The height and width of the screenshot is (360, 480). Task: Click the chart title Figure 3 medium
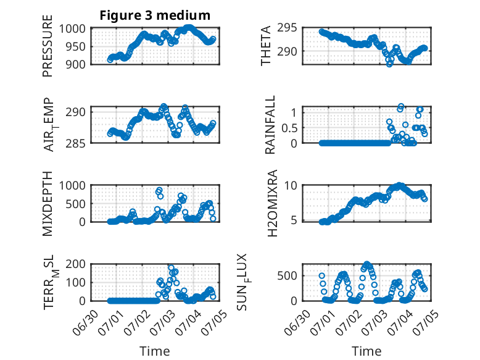point(155,15)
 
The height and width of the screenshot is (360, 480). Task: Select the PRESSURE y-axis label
point(48,46)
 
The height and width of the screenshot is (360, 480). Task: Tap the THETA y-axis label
point(266,46)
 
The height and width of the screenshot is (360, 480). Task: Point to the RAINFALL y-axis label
point(270,125)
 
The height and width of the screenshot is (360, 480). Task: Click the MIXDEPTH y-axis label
point(48,203)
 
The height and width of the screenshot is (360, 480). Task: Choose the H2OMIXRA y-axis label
point(272,203)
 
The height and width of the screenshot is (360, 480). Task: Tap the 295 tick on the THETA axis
point(287,28)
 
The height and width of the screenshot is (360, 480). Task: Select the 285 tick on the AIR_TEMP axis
point(75,143)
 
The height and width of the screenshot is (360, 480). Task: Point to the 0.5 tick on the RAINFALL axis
point(289,128)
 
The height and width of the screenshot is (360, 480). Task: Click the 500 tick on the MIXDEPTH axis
point(75,204)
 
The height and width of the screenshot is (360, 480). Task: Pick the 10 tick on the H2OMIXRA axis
point(291,185)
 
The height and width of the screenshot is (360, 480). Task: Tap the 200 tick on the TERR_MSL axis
point(75,264)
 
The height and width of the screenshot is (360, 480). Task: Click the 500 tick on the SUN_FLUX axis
point(287,276)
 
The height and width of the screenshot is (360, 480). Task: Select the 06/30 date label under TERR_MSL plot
point(86,322)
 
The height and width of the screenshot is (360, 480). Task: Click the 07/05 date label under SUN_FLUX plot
point(426,322)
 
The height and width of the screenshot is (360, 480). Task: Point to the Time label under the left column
point(155,351)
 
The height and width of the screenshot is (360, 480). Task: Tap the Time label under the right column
point(366,351)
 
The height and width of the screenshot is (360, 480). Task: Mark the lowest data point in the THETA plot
point(389,64)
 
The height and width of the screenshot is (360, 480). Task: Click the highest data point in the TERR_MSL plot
point(171,268)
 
